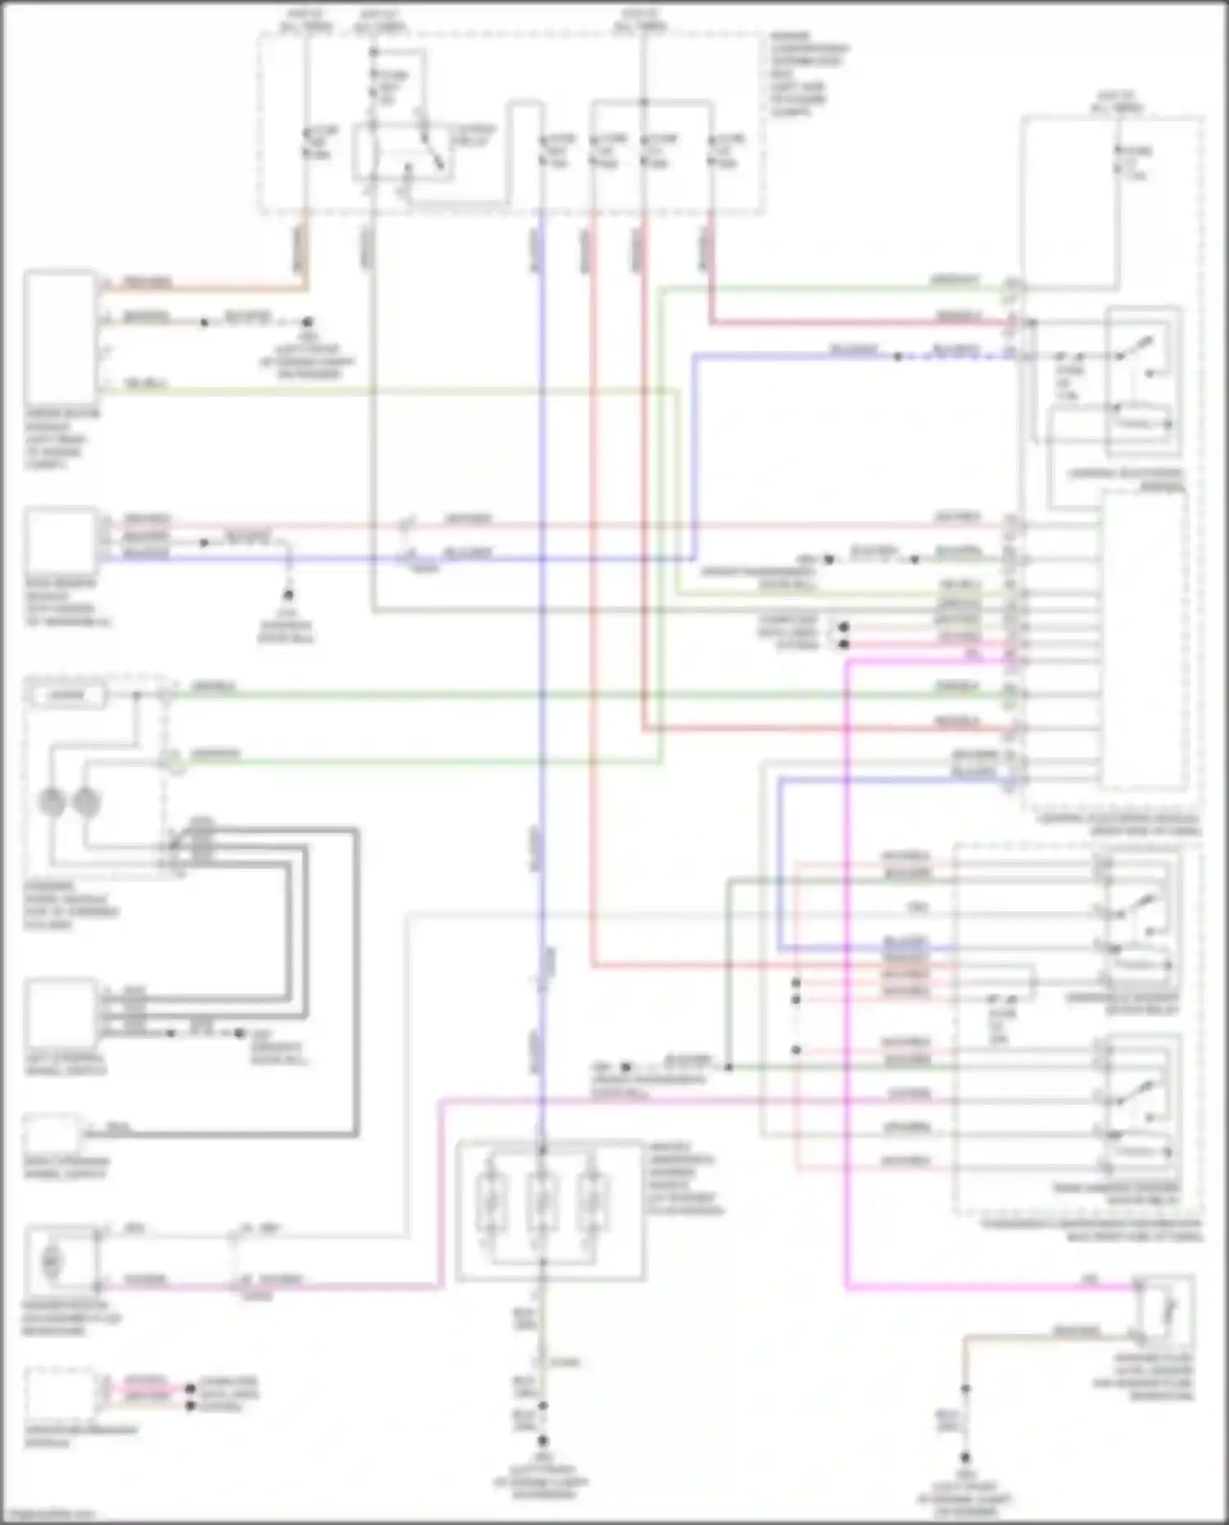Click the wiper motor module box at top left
(60, 336)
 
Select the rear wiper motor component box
(61, 541)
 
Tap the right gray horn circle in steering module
(86, 801)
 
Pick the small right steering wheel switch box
(52, 1134)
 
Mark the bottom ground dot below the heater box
(542, 1441)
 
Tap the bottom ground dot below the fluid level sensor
(965, 1458)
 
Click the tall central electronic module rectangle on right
(1144, 639)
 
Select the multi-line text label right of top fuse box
(807, 74)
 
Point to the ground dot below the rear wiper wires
(288, 595)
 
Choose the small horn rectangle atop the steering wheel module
(68, 696)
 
